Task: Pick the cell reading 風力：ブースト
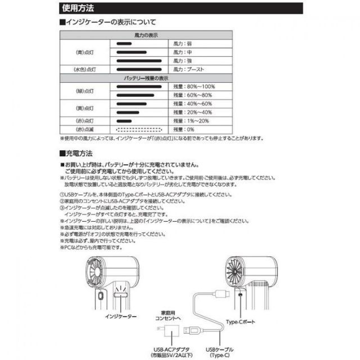189,69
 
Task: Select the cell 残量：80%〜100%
194,87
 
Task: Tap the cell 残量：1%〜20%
191,120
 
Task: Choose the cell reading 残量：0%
183,129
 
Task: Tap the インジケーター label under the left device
120,317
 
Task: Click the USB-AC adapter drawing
164,328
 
